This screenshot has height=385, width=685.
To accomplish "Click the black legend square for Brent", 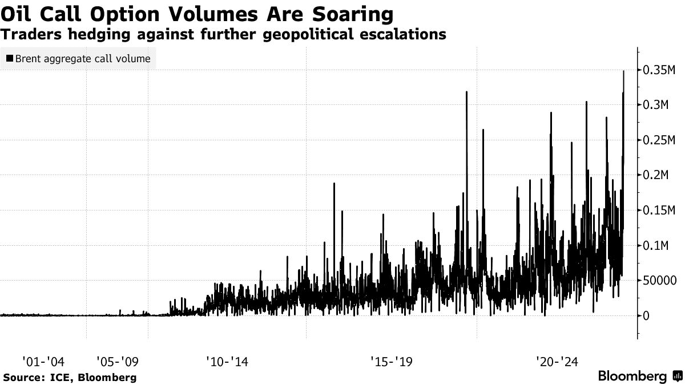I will (10, 58).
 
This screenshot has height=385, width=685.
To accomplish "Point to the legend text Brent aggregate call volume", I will (83, 58).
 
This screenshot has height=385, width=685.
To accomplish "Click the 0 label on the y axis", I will (646, 316).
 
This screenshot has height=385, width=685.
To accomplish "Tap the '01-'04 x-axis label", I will (43, 361).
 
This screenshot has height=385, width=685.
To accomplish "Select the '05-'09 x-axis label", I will (117, 361).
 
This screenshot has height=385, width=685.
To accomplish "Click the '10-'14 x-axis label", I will (226, 361).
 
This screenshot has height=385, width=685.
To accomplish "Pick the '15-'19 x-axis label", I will (391, 361).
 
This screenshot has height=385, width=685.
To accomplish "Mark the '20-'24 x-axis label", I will (557, 361).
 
